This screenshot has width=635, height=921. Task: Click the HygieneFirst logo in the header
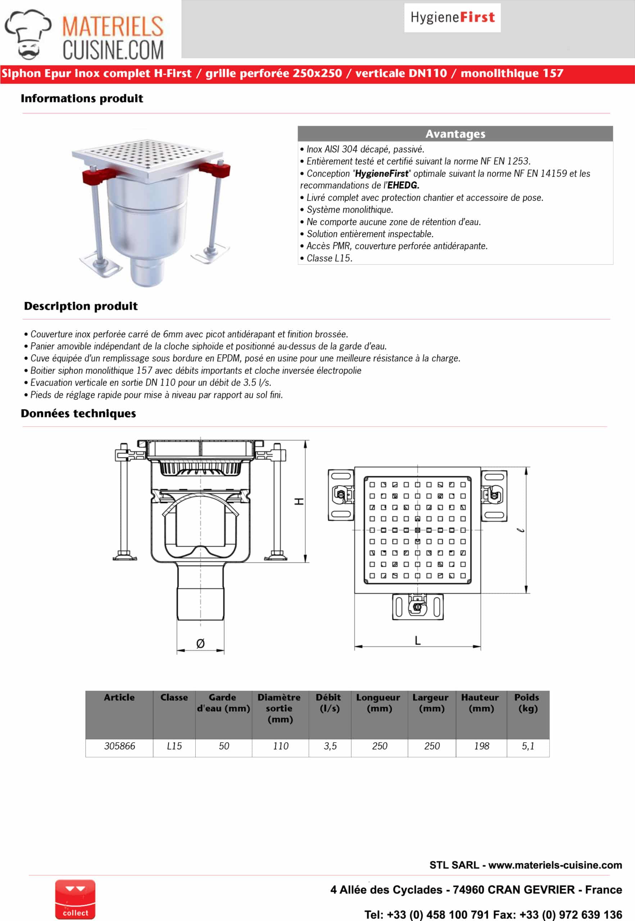click(452, 18)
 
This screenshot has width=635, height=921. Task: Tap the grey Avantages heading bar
click(455, 134)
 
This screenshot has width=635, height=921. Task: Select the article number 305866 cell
click(119, 746)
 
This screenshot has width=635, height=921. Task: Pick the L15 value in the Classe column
click(174, 746)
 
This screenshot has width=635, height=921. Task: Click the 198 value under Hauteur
click(481, 746)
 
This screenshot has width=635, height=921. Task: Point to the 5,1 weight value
click(528, 746)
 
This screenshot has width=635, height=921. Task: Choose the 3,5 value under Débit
click(330, 746)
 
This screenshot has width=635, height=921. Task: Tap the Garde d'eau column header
click(223, 703)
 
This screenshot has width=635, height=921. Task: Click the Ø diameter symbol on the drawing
click(200, 643)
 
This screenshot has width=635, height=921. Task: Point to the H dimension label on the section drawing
click(299, 501)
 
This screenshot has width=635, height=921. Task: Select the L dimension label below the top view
click(417, 640)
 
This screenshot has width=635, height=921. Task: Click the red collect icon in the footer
click(75, 899)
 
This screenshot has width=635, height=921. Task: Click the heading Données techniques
click(78, 413)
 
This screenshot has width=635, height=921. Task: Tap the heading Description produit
click(81, 306)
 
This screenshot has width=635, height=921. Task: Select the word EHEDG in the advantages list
click(403, 185)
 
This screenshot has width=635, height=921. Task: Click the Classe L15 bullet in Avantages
click(330, 258)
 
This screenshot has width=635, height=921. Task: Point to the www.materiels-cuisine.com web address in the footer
click(555, 865)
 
